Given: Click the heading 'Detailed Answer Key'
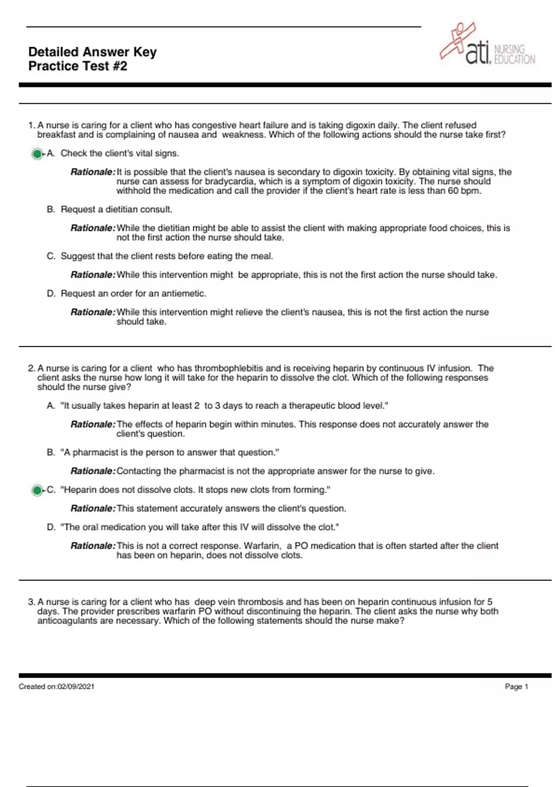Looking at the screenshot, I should pos(92,52).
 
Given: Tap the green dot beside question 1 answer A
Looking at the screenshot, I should pos(37,154).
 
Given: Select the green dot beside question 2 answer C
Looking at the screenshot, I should pos(37,490).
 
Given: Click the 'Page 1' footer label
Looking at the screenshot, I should pos(516,687).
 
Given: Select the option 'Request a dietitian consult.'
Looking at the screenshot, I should pos(116,209).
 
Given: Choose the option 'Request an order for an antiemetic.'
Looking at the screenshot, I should pos(133,294).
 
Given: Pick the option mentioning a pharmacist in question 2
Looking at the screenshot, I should pos(170,452).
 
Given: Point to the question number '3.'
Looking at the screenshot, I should pos(31,602).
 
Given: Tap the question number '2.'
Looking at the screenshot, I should pos(31,369).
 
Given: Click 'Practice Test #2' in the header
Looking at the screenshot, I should pos(78,66).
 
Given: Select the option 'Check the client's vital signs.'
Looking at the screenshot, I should pos(119,153).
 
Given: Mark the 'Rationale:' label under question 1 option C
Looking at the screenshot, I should pos(92,275).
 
